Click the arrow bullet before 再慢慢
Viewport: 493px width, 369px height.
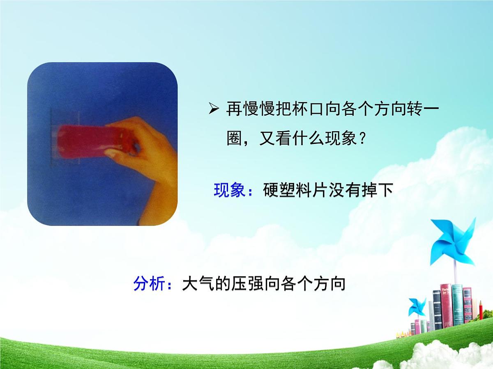[x=214, y=109]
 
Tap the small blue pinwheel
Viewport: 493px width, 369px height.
[x=417, y=307]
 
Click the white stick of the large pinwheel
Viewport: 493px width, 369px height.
[x=455, y=275]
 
